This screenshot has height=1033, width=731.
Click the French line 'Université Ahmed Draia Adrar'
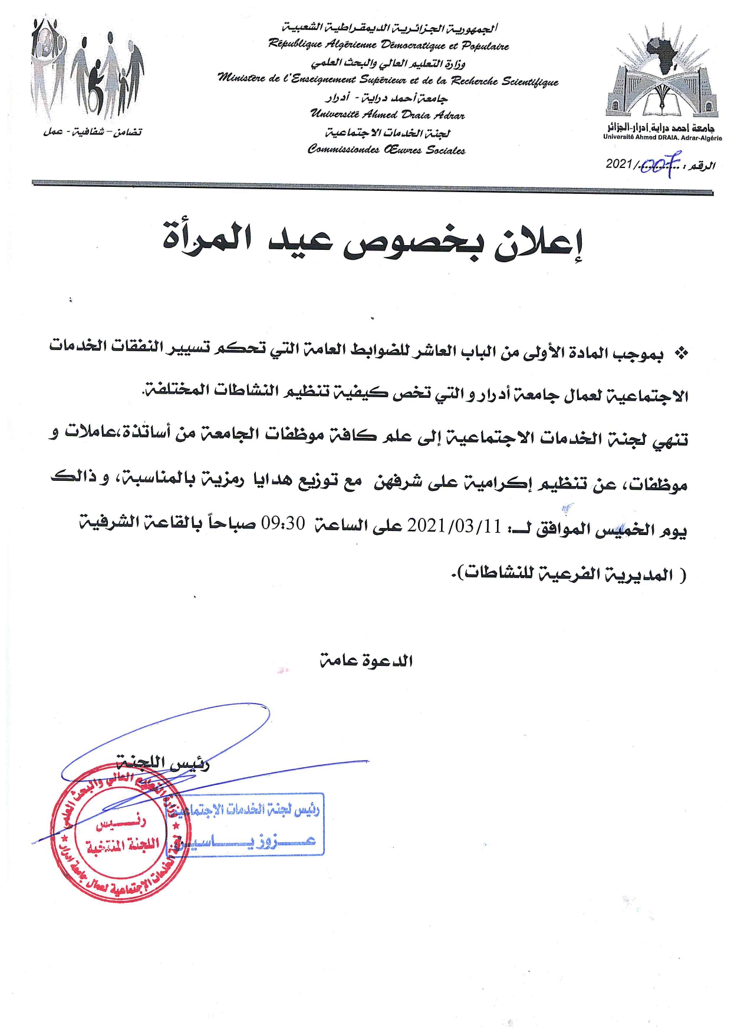tap(387, 115)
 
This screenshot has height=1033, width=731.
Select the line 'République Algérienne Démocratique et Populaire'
tap(388, 45)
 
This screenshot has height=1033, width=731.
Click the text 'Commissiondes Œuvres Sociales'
tap(387, 150)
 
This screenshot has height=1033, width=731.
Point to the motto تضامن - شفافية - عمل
tap(93, 132)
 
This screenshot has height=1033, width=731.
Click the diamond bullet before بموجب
tap(681, 354)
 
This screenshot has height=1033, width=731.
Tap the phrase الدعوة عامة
tap(366, 661)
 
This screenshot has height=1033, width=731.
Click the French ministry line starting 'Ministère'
tap(388, 81)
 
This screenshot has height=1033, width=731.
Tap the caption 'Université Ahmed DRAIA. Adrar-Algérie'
tap(662, 138)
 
